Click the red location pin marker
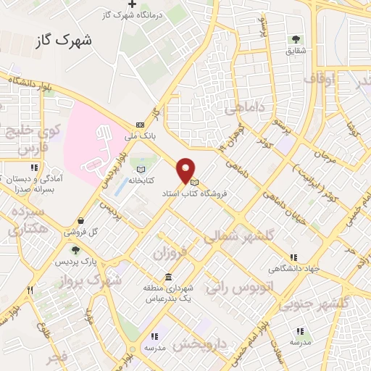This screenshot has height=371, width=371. (x=186, y=170)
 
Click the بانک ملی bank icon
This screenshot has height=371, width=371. (x=140, y=125)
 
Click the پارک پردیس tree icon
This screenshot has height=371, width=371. (x=76, y=250)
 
